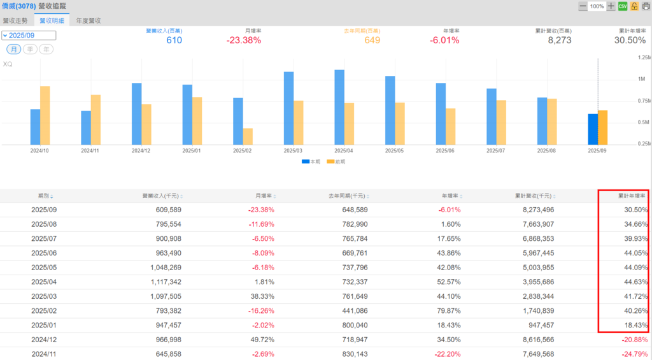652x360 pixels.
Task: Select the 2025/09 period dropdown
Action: [29, 36]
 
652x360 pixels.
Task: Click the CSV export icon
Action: [623, 6]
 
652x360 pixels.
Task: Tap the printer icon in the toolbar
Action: [646, 6]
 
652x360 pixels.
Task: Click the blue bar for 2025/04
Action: [339, 107]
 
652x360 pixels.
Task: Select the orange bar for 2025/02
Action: [248, 136]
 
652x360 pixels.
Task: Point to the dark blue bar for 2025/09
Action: [593, 129]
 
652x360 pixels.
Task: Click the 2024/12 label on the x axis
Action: [141, 151]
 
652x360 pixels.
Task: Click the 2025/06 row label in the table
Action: [44, 253]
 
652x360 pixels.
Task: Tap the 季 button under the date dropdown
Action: [30, 50]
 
